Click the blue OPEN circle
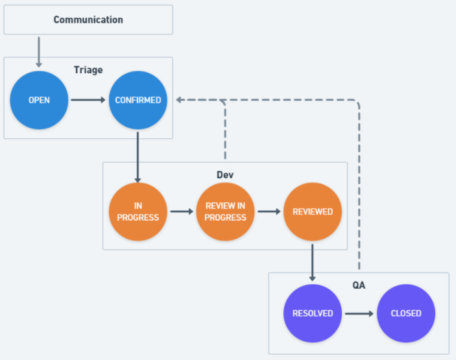click(x=39, y=100)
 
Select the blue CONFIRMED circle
click(x=138, y=100)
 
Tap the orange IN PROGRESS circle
click(x=138, y=212)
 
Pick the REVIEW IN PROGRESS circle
click(x=225, y=212)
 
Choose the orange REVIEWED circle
click(x=313, y=212)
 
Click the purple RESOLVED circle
click(x=313, y=313)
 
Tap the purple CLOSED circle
click(x=406, y=313)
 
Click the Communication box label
click(x=88, y=19)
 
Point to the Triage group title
click(x=88, y=69)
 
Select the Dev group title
click(x=225, y=175)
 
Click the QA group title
click(x=359, y=285)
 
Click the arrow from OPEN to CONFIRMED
click(x=88, y=100)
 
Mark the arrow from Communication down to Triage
click(x=39, y=52)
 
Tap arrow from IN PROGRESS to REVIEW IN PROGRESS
click(x=182, y=211)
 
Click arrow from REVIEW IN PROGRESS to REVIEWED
click(x=269, y=211)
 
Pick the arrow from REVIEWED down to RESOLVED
click(x=313, y=263)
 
